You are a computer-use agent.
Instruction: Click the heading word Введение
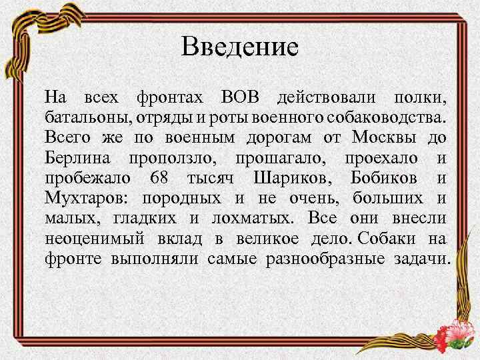click(240, 47)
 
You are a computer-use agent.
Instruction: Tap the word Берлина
click(77, 158)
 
